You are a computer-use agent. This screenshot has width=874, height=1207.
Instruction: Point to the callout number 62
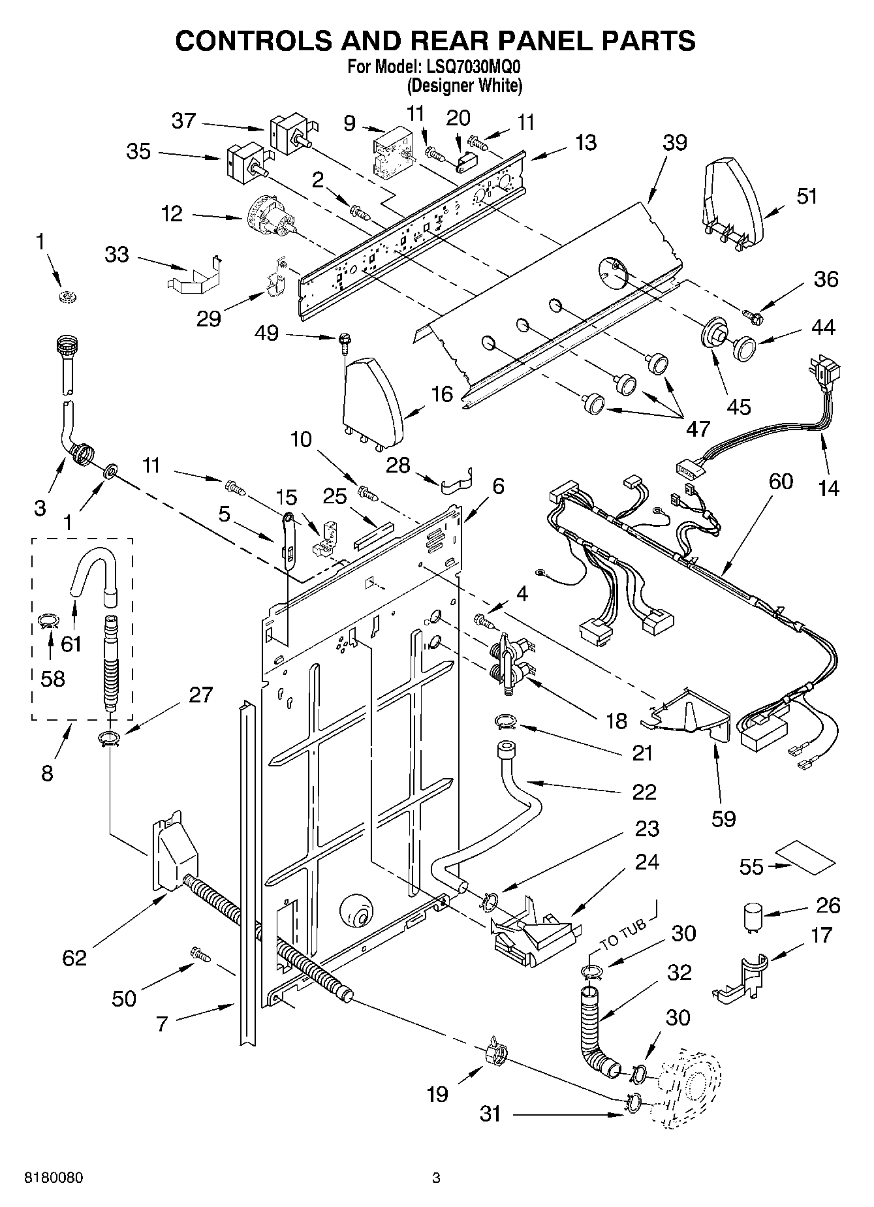74,958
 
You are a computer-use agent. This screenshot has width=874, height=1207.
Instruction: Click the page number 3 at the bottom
436,1178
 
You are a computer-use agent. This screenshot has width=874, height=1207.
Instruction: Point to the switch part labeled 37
289,133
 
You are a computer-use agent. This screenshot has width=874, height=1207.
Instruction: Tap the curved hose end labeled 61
91,567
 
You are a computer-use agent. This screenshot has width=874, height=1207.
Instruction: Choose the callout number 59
723,818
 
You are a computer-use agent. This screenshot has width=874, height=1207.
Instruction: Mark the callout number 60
781,481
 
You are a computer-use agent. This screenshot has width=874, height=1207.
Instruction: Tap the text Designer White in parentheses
464,85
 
